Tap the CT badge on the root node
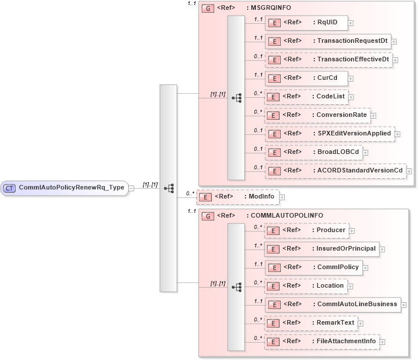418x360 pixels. click(10, 188)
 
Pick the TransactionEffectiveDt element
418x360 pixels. click(329, 59)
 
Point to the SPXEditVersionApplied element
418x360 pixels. click(330, 133)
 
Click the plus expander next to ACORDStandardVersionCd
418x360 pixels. click(409, 171)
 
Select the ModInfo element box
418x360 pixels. click(237, 197)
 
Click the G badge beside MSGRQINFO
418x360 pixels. click(206, 9)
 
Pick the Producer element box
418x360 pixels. click(307, 230)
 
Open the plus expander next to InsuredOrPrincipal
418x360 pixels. click(382, 249)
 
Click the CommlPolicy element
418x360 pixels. click(313, 267)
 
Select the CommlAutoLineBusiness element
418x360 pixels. click(333, 304)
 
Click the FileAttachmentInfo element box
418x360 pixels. click(322, 341)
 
